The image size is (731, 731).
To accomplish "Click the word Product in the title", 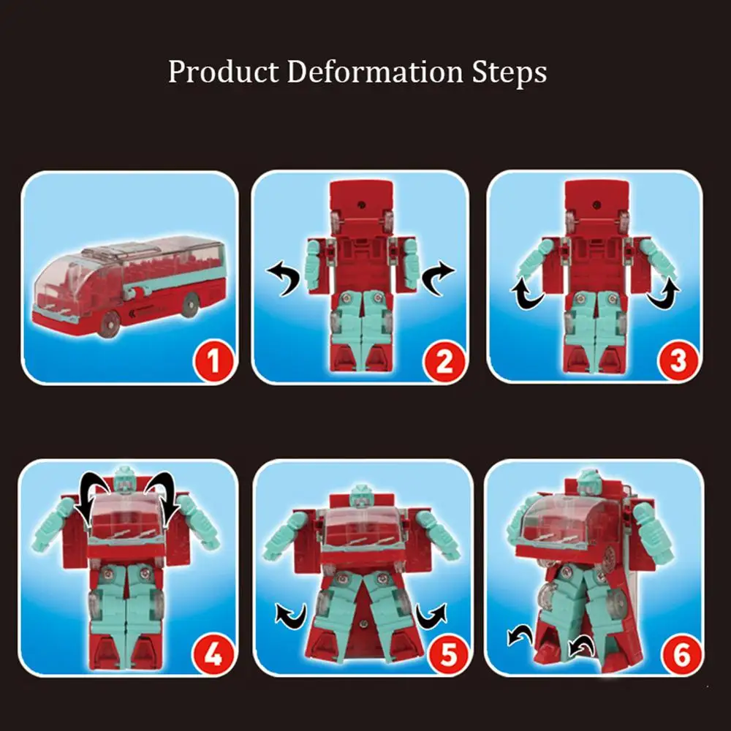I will click(x=222, y=73).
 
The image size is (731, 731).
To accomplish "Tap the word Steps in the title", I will click(x=513, y=73).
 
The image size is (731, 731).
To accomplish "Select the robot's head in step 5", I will click(x=361, y=497).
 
